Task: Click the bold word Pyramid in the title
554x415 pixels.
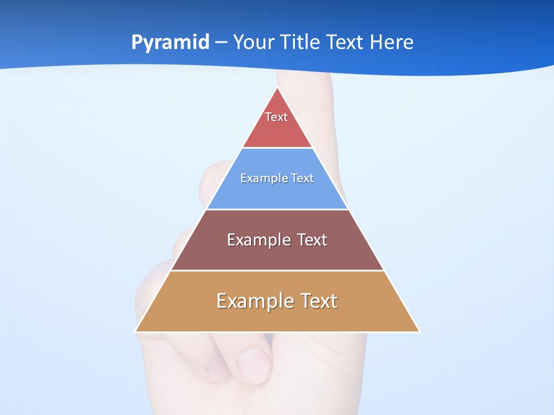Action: click(170, 43)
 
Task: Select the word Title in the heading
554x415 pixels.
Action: click(301, 43)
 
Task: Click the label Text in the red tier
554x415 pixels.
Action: click(276, 117)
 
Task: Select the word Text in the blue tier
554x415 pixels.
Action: click(303, 178)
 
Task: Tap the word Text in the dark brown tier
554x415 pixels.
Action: click(312, 240)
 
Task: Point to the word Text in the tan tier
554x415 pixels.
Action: click(318, 301)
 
